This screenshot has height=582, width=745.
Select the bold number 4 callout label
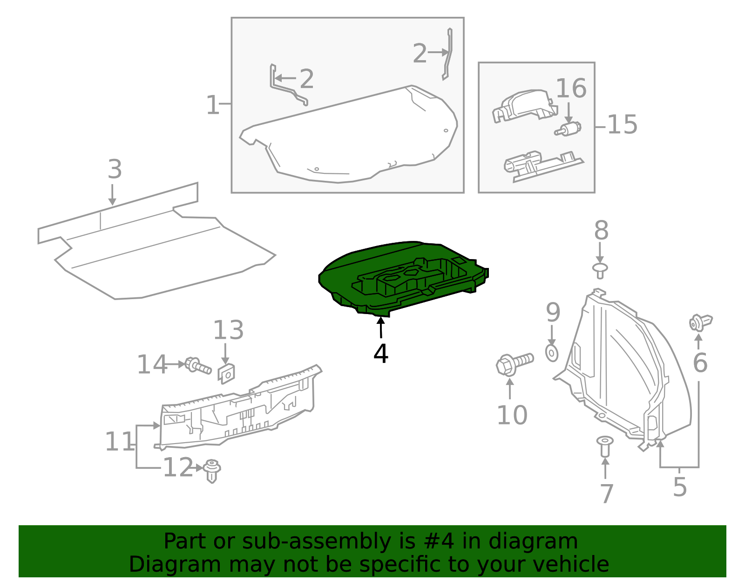click(x=381, y=354)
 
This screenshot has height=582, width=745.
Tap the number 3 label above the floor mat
click(x=115, y=170)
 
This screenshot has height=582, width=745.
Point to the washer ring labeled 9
click(x=552, y=353)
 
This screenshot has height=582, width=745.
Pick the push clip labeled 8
click(x=600, y=270)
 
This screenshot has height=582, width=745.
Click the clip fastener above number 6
click(x=700, y=322)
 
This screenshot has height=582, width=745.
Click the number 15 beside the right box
click(x=622, y=125)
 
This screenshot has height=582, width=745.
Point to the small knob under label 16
click(x=569, y=129)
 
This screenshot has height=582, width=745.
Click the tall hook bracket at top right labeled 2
click(x=447, y=54)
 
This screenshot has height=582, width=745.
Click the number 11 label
click(x=120, y=442)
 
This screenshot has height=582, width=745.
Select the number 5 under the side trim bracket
click(x=680, y=487)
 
